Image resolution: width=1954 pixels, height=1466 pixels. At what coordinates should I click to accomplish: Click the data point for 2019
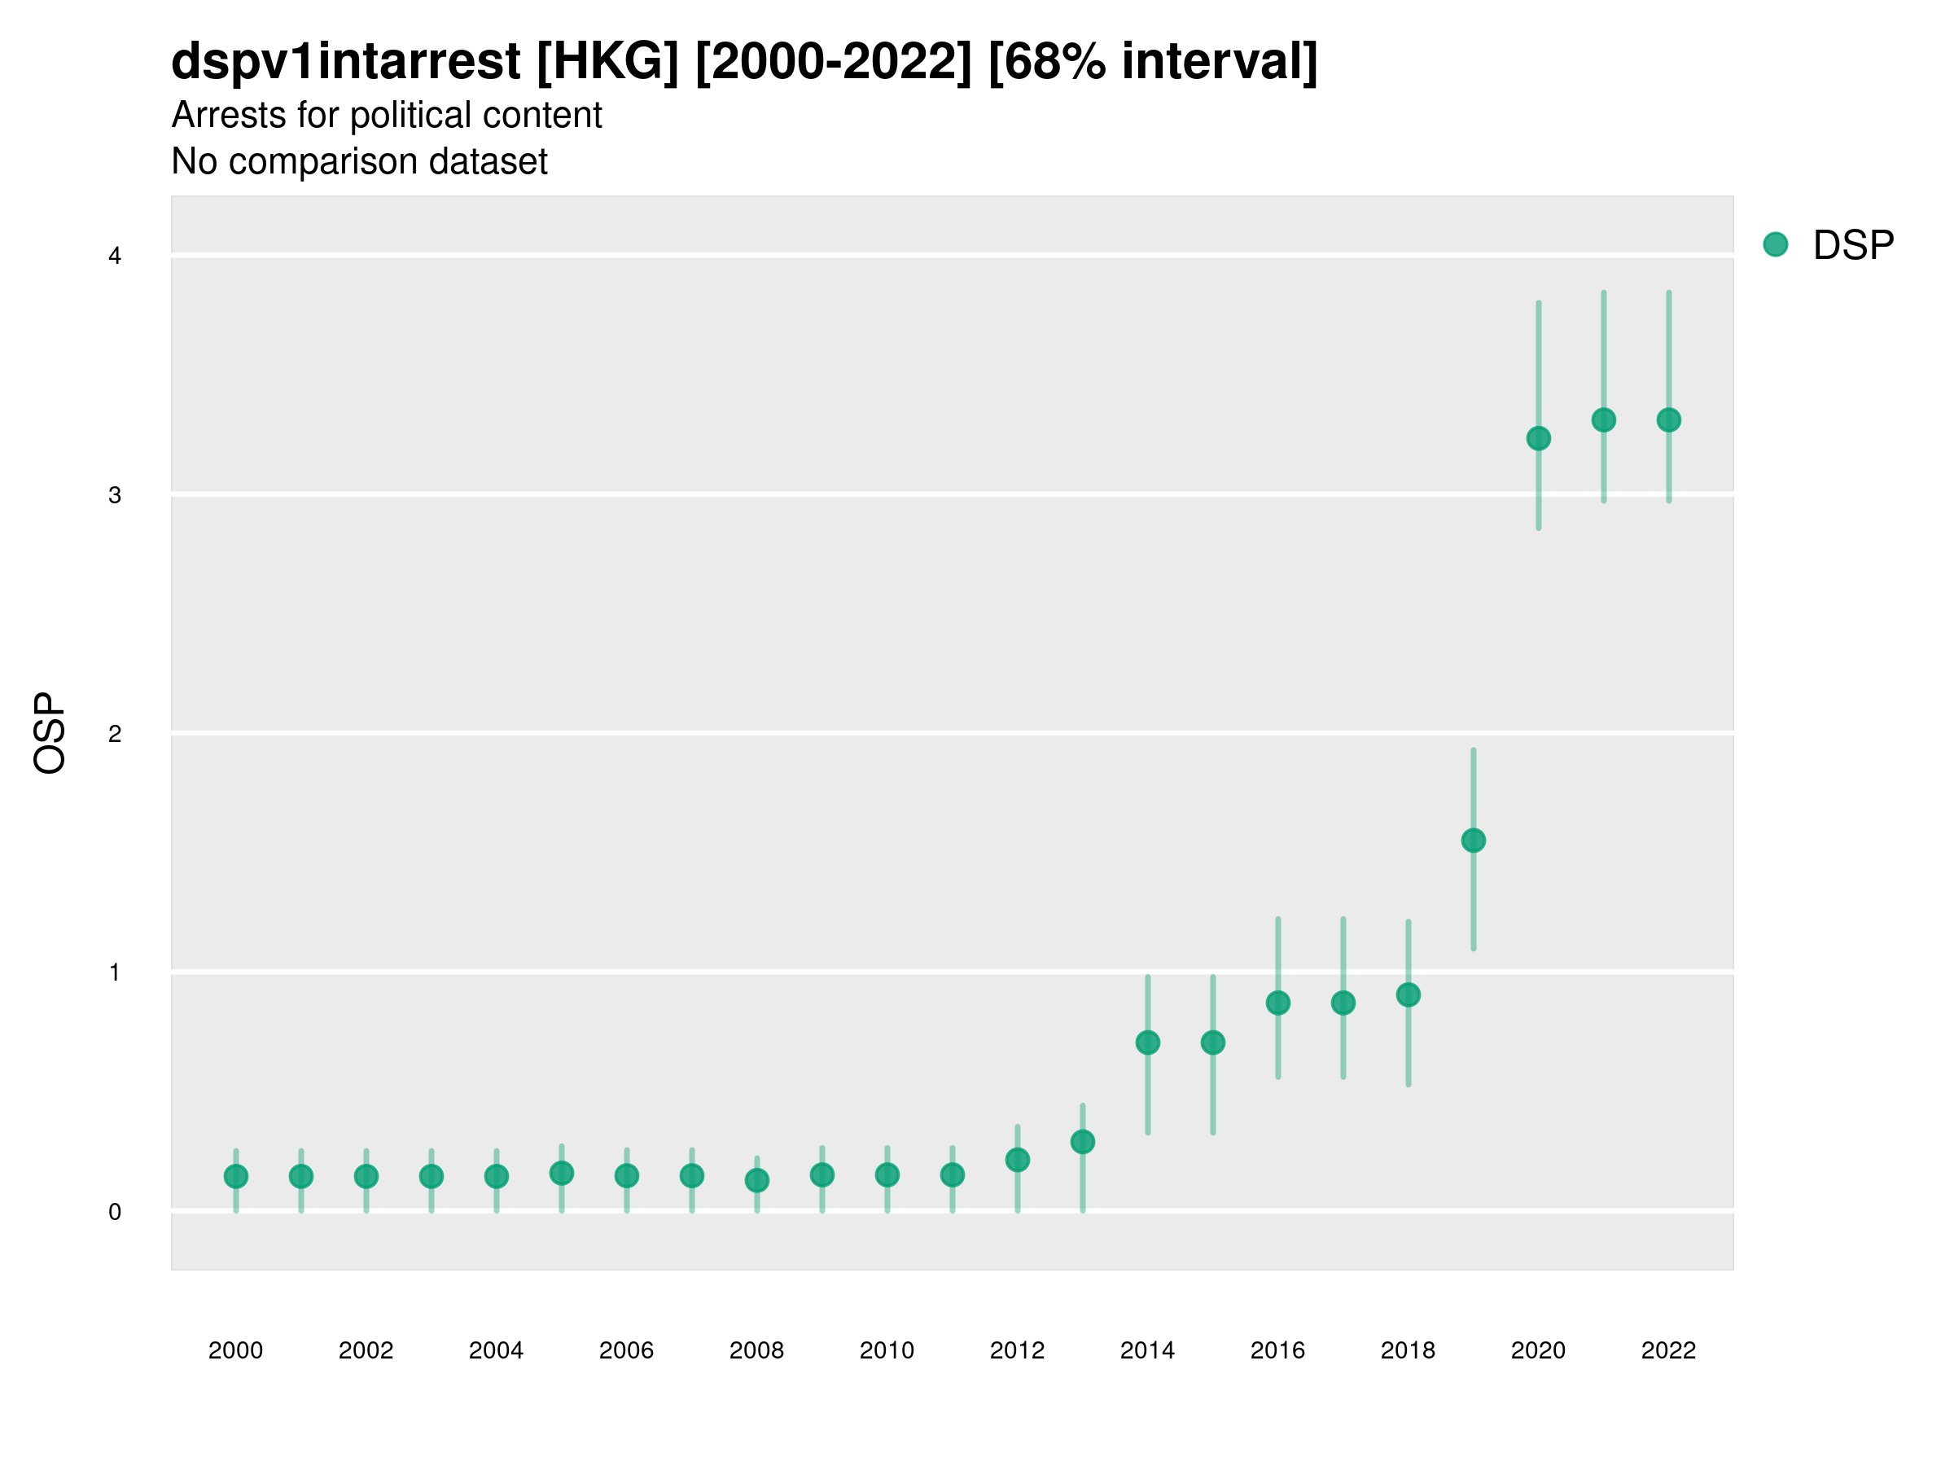[1474, 841]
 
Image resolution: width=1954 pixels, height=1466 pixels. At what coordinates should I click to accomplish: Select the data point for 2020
[1539, 438]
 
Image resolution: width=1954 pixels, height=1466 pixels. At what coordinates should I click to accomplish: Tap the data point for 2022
[1669, 419]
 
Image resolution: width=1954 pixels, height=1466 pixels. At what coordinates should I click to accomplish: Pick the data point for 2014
[1147, 1042]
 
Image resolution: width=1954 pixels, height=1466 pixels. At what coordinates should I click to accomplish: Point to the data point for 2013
[1082, 1142]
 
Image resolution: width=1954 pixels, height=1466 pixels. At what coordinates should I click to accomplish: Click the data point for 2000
[236, 1176]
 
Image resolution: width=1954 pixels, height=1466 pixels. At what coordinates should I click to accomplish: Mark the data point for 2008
[757, 1179]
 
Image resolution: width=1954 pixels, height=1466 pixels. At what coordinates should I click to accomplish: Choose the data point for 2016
[1278, 1003]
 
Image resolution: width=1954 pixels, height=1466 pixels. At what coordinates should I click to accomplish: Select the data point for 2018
[1408, 995]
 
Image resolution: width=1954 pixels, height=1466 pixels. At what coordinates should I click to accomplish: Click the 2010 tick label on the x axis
[887, 1350]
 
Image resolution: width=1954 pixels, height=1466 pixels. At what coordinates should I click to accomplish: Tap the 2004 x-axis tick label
[497, 1350]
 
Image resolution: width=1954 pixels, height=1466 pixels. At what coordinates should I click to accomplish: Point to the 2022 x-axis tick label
[1669, 1350]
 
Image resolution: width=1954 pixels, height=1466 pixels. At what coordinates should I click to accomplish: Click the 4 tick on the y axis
[115, 257]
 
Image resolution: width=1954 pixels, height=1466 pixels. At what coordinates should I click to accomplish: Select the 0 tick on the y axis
[115, 1212]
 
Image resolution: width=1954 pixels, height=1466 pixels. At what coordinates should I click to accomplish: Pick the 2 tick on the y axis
[115, 734]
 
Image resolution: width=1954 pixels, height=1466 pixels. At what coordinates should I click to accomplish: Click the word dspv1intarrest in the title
[345, 61]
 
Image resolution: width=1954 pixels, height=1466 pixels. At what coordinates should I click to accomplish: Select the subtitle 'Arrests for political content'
[386, 115]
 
